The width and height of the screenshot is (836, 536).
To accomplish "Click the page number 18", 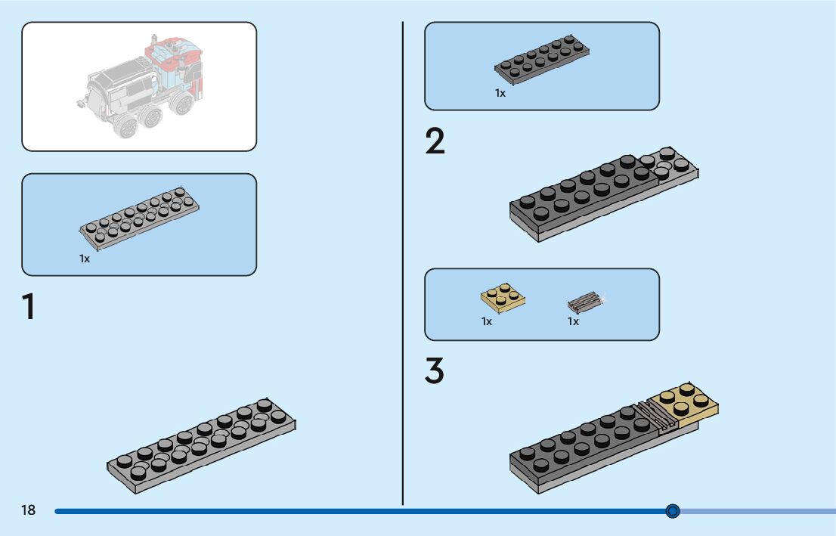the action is [28, 510].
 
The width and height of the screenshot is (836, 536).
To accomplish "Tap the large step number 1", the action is [29, 306].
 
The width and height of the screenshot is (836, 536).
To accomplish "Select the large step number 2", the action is [435, 141].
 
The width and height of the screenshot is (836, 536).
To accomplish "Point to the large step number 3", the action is [435, 370].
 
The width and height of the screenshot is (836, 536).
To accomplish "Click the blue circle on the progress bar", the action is [673, 511].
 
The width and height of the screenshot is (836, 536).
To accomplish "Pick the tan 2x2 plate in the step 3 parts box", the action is [503, 298].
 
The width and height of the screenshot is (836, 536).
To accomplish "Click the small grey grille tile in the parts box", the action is [586, 302].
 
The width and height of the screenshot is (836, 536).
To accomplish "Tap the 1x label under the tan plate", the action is [487, 321].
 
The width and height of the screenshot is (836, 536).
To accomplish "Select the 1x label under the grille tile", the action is [573, 321].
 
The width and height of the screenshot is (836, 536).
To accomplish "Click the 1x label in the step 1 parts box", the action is [85, 259].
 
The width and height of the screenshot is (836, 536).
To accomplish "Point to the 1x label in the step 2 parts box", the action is [500, 93].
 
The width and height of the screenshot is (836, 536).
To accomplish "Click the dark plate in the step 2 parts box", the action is [542, 60].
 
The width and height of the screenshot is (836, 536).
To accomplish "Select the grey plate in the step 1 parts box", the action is [140, 218].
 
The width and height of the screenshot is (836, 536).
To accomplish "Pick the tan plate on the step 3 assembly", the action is [683, 404].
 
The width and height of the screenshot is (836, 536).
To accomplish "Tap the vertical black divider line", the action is [403, 264].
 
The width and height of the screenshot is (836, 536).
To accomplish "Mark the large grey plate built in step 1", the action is [201, 445].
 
